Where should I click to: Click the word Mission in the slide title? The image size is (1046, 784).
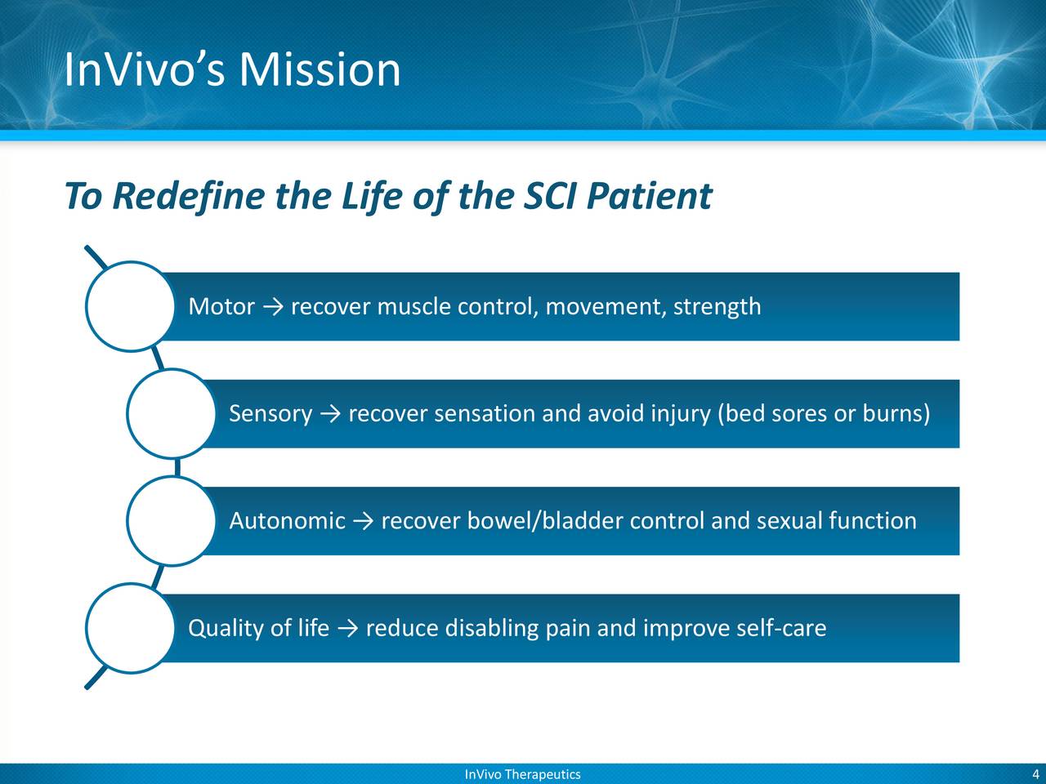pos(320,70)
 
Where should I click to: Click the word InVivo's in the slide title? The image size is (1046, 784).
pos(145,70)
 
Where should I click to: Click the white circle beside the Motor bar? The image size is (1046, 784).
pos(129,306)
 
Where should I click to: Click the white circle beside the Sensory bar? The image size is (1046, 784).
pos(170,414)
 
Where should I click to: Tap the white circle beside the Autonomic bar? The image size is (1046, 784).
pos(170,521)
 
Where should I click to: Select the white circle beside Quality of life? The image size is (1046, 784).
pos(129,628)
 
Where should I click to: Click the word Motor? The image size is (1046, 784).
pos(221,307)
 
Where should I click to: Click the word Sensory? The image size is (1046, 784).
pos(270,414)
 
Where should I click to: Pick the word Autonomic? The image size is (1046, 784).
pos(287,521)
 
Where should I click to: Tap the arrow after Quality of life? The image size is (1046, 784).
pos(347,629)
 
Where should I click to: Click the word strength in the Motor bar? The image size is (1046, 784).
pos(717,307)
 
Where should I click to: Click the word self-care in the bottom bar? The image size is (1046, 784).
pos(781,629)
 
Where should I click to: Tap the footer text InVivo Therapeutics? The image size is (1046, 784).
pos(522,774)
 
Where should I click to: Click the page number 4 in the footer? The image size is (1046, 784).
pos(1035,774)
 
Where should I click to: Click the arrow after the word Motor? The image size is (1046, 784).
pos(273,308)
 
